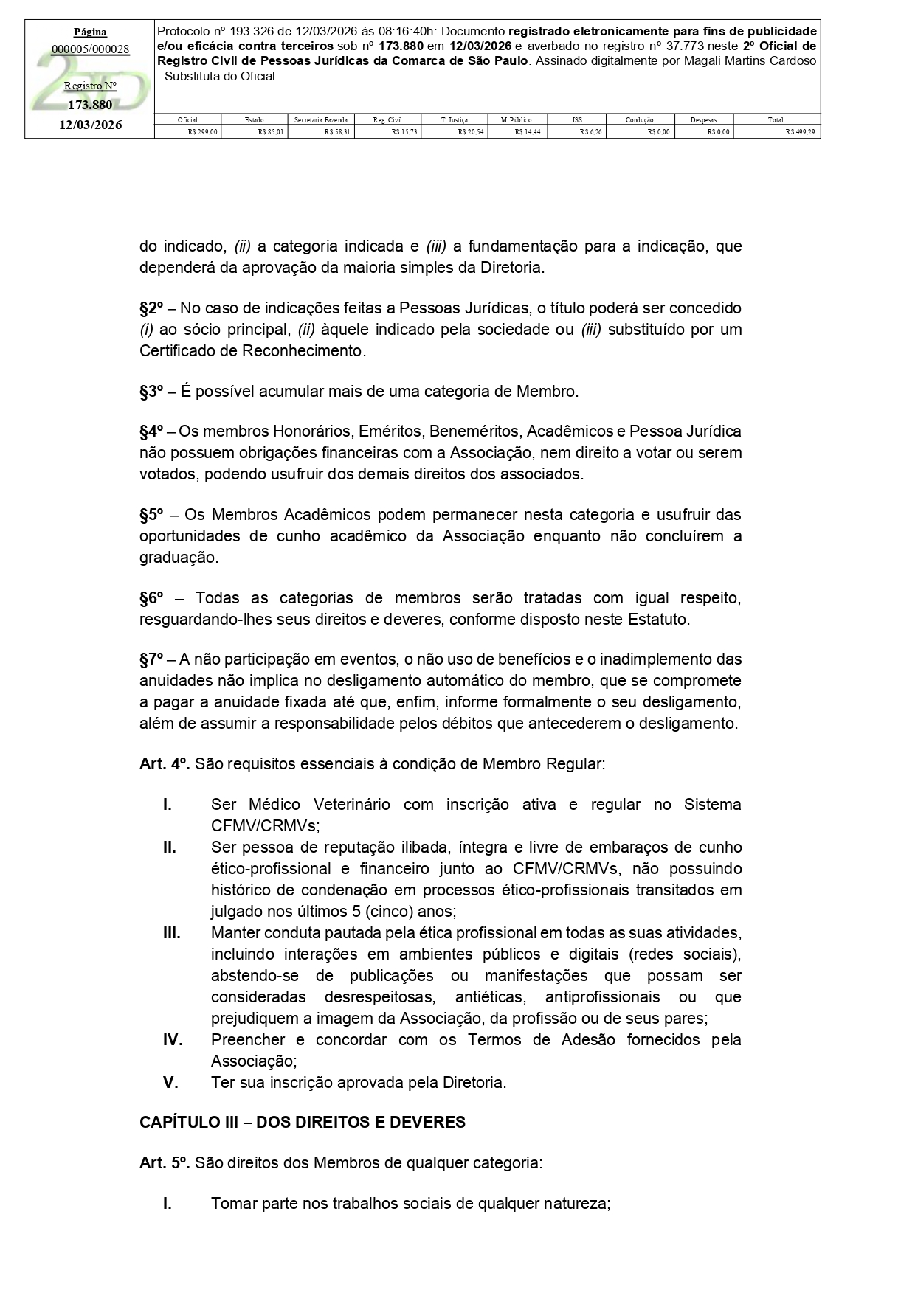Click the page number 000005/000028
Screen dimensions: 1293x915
click(90, 49)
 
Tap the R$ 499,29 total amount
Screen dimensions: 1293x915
click(800, 132)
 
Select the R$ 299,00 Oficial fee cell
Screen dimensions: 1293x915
click(202, 132)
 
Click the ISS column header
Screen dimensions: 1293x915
click(576, 119)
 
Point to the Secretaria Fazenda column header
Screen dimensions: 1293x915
click(320, 119)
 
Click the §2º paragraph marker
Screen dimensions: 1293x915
click(151, 308)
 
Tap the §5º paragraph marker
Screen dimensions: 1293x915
click(151, 514)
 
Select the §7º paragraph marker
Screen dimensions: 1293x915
click(151, 659)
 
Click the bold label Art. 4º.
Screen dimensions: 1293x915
click(165, 763)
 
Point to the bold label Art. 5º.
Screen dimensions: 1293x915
click(165, 1163)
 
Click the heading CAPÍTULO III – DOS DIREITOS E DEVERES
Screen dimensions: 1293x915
click(303, 1123)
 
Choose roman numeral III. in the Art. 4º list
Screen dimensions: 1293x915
click(171, 933)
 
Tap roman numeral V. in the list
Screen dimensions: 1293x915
click(170, 1083)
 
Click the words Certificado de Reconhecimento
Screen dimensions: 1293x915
click(252, 350)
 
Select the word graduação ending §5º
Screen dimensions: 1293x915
click(179, 557)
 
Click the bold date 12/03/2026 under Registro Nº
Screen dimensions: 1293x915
click(91, 125)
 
